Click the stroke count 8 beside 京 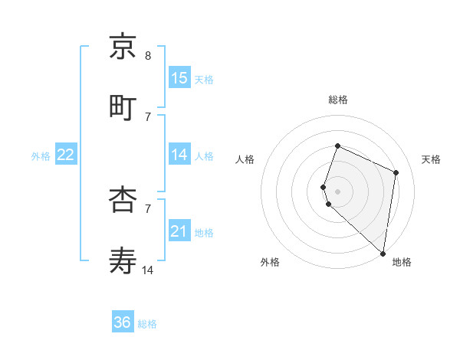pos(147,56)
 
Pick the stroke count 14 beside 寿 pos(148,270)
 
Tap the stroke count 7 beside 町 pos(147,116)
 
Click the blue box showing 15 pos(179,78)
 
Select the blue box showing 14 pos(179,155)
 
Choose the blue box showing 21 pos(179,231)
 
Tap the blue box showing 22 pos(66,155)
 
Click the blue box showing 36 pos(123,322)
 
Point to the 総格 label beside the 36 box pos(147,324)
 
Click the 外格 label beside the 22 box pos(41,156)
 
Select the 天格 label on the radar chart pos(431,159)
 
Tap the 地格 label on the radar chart pos(402,263)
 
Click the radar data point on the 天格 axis pos(396,172)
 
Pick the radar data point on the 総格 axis pos(337,146)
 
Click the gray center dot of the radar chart pos(337,191)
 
